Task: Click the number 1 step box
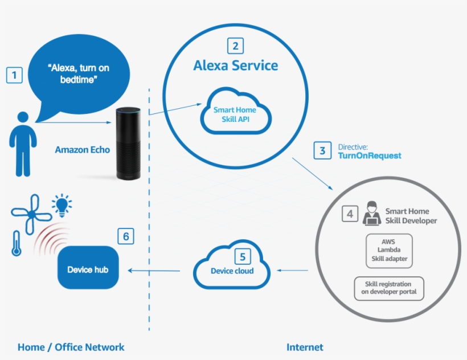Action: coord(14,75)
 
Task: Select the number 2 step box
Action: coord(235,46)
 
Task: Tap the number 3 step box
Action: coord(322,150)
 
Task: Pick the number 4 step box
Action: coord(350,214)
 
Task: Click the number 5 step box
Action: coord(242,256)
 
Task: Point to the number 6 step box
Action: coord(126,236)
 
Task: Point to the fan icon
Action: coord(26,213)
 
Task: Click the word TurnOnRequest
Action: coord(370,156)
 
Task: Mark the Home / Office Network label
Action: coord(71,347)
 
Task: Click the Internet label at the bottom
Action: coord(305,347)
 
